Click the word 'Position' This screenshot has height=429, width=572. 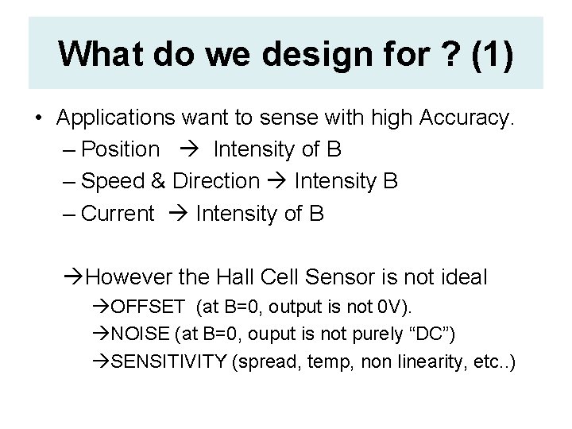121,149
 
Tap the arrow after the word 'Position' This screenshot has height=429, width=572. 189,149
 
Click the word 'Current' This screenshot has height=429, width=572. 118,213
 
